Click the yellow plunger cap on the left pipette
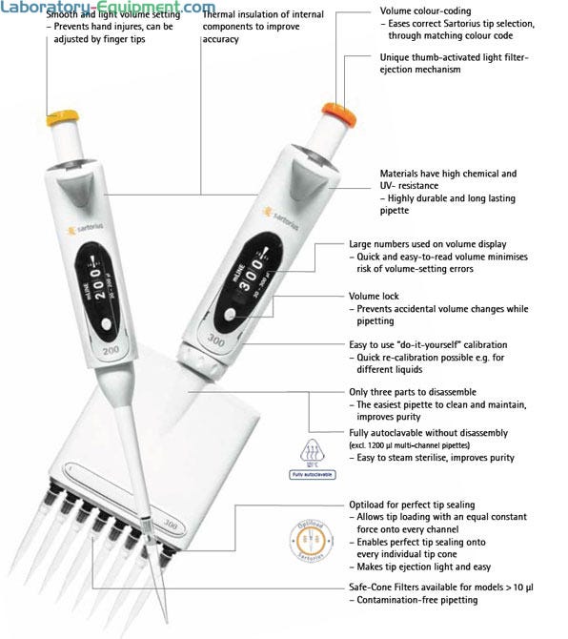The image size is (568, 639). [62, 117]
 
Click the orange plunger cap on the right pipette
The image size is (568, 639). [339, 113]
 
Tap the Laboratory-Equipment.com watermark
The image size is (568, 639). [108, 7]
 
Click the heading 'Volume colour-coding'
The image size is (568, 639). [425, 11]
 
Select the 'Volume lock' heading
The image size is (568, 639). [374, 297]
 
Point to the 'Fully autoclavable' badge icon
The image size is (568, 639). [312, 459]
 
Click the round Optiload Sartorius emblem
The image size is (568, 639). [312, 541]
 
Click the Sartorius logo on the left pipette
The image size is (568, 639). [85, 229]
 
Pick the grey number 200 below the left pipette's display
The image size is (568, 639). [111, 350]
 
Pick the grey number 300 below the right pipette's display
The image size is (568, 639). [215, 340]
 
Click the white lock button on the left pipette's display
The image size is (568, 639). [107, 325]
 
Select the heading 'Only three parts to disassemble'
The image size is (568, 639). [413, 392]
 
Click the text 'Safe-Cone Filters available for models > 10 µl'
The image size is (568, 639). [441, 587]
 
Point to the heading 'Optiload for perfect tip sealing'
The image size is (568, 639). [412, 505]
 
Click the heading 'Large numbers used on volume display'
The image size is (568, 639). [428, 244]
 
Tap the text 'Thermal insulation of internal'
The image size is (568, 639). [263, 14]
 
